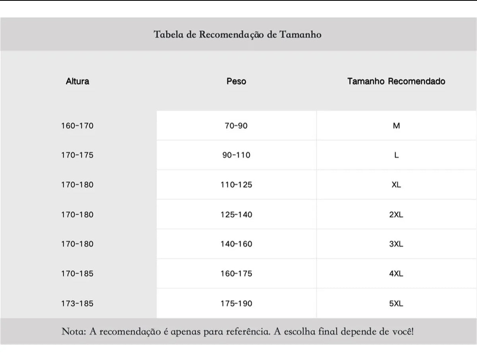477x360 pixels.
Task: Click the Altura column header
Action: (78, 82)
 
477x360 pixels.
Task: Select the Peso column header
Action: (236, 82)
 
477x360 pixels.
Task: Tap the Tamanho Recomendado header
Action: (396, 82)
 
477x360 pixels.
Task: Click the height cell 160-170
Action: (78, 126)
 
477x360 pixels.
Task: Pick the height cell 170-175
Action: (78, 155)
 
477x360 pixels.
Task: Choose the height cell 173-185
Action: (78, 304)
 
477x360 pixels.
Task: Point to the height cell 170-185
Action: (78, 274)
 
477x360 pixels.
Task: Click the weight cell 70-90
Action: (236, 126)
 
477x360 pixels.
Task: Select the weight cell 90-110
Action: (236, 155)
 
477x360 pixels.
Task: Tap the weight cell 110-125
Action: (236, 185)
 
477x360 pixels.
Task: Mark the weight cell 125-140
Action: (236, 214)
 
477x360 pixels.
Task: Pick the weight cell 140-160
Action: (236, 244)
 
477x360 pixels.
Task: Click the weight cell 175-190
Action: (236, 304)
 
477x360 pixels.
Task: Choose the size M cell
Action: (396, 126)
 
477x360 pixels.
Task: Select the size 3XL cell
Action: (396, 244)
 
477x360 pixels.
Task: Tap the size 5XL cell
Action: (396, 304)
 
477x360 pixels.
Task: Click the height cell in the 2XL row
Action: (78, 214)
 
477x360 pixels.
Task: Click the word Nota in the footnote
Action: (73, 331)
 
